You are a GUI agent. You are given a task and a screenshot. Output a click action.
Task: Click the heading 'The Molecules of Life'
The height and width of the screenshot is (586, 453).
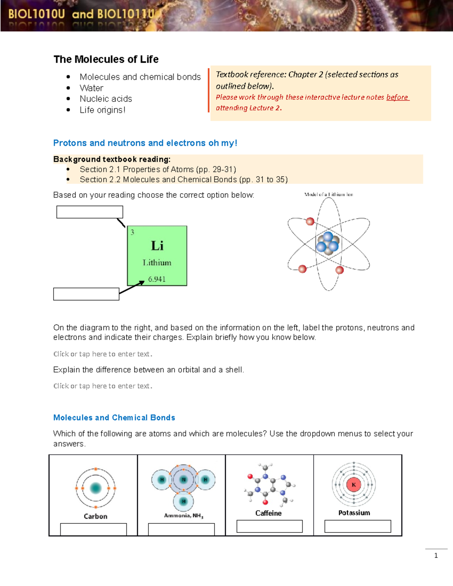106,59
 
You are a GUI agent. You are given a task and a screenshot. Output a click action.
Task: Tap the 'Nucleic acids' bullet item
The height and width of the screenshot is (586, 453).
106,99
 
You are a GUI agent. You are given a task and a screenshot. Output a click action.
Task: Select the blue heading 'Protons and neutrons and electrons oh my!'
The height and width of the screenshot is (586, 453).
145,143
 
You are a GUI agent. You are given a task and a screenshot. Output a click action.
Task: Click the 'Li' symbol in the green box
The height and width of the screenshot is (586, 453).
157,246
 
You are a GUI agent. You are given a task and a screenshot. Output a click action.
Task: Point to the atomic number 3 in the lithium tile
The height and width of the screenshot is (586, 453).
132,232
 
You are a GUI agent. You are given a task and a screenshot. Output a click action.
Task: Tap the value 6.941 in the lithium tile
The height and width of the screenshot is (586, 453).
157,279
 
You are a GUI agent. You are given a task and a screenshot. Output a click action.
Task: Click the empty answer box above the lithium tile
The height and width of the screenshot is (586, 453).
89,212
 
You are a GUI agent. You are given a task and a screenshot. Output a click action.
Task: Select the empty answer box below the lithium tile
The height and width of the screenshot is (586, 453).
86,294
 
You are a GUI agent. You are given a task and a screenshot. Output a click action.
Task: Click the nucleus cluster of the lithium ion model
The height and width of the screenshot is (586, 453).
327,243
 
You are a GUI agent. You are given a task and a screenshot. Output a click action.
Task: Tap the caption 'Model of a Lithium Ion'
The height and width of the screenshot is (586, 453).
328,194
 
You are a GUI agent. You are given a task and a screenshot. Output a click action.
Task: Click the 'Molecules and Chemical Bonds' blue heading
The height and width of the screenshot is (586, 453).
114,418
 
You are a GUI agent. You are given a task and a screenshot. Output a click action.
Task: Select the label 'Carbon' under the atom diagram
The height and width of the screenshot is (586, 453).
96,516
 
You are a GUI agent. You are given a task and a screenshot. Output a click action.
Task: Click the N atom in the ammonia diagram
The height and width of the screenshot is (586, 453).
183,480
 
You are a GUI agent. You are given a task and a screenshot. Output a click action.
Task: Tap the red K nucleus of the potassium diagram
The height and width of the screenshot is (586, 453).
354,484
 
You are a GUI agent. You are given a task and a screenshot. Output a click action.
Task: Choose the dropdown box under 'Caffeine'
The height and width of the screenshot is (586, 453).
269,526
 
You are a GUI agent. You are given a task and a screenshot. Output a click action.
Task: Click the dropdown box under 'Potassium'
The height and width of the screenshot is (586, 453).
357,526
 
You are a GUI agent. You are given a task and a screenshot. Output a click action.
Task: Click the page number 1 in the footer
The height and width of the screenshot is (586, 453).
436,555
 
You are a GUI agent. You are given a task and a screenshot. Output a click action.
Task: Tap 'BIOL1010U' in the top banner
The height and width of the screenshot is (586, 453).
37,14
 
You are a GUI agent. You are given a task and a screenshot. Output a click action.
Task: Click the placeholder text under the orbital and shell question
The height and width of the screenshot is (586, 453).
103,386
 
